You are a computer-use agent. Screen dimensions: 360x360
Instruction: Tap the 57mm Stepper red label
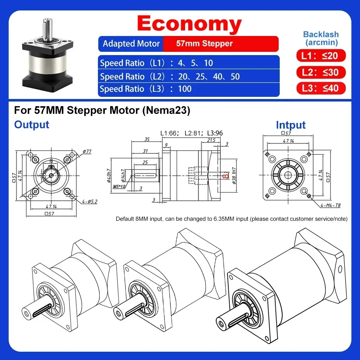(204, 44)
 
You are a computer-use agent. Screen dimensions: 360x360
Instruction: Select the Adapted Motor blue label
(131, 44)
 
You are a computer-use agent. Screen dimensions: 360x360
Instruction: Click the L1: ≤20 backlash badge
(321, 55)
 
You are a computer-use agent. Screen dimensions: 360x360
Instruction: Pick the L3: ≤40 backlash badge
(321, 88)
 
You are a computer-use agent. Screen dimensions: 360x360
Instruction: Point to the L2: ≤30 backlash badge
(321, 72)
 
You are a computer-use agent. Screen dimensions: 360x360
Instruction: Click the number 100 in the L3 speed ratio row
(185, 89)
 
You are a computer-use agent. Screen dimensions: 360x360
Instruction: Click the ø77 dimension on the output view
(87, 151)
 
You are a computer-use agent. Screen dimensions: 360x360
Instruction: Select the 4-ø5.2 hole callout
(90, 202)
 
